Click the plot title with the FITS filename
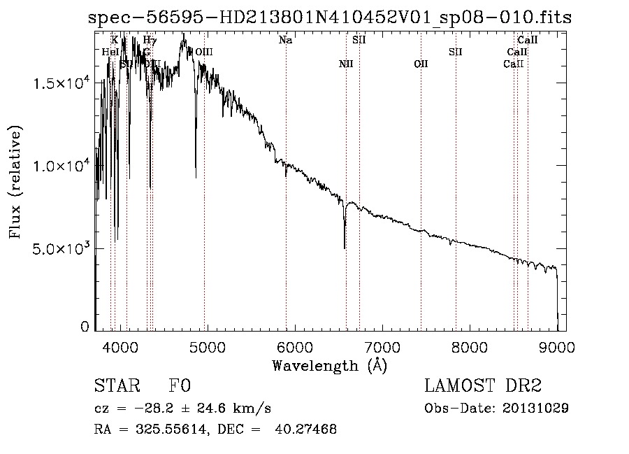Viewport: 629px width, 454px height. pos(329,17)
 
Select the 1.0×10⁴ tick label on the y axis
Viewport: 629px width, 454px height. pos(62,166)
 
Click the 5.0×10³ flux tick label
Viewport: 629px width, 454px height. pos(62,248)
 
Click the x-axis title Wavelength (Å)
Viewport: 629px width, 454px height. pos(329,364)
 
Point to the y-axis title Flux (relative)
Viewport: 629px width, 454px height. pos(15,182)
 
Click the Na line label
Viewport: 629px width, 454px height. pos(285,41)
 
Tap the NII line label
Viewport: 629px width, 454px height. pos(346,64)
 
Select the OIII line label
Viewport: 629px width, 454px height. pos(204,52)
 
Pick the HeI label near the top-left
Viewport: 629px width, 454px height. pos(110,52)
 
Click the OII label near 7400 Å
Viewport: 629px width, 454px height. pos(421,64)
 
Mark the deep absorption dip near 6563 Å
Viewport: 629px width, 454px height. pos(345,246)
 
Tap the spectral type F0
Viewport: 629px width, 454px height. pos(179,385)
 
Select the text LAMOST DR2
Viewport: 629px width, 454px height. pos(483,385)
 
